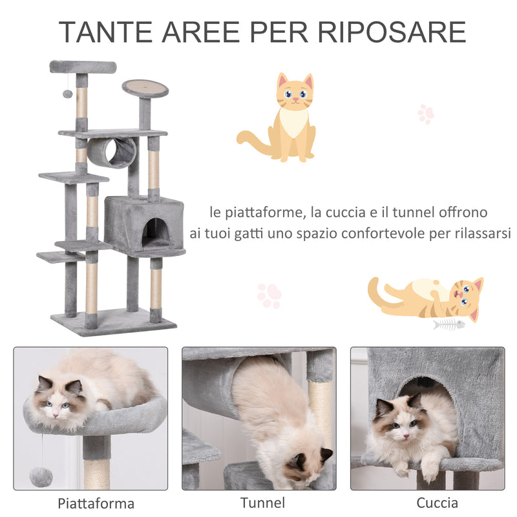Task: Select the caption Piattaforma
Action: tap(96, 503)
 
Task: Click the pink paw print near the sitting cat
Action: tap(425, 114)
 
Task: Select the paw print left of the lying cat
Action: tap(269, 295)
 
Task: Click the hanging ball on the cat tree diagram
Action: tap(67, 94)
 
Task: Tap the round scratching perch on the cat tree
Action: tap(145, 87)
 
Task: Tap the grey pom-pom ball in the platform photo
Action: tap(41, 476)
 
